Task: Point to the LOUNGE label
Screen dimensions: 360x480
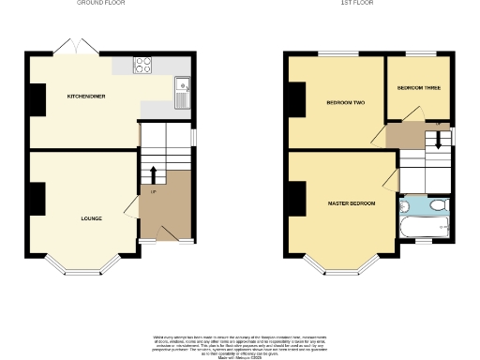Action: pyautogui.click(x=92, y=218)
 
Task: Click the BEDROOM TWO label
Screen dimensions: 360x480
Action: pyautogui.click(x=345, y=101)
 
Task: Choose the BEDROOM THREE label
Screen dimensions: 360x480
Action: pyautogui.click(x=418, y=88)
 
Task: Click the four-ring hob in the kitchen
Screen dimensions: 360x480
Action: pyautogui.click(x=144, y=66)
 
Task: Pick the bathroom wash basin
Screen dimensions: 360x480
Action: pyautogui.click(x=405, y=203)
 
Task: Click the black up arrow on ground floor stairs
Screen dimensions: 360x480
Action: pyautogui.click(x=153, y=174)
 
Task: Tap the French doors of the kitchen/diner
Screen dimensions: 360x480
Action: pyautogui.click(x=75, y=46)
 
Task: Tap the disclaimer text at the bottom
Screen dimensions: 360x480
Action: pyautogui.click(x=239, y=346)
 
